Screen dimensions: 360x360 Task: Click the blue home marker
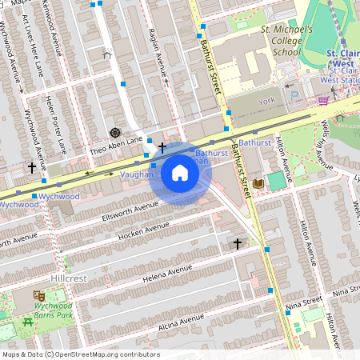[180, 173]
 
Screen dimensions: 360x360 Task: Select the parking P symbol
[294, 94]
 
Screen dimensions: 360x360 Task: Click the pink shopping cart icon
[322, 100]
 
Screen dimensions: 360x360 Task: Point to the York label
[266, 102]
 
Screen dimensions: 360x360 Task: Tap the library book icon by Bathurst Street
[258, 184]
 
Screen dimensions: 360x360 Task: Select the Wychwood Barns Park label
[52, 310]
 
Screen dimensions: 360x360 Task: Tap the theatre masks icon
[38, 295]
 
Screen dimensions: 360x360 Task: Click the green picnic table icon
[28, 322]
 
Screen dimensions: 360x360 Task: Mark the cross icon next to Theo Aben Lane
[162, 147]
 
